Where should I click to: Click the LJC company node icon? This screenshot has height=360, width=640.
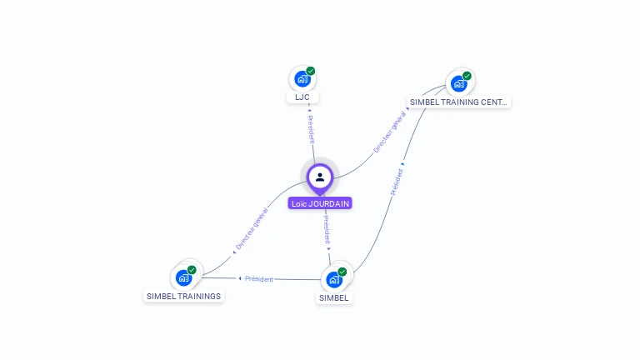[302, 79]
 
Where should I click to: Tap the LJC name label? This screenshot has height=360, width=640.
[302, 97]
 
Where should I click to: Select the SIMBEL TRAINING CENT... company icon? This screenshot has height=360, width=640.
[458, 83]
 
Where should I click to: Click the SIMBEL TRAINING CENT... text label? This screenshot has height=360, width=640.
[457, 102]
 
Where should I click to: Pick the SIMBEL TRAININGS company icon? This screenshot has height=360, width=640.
[183, 277]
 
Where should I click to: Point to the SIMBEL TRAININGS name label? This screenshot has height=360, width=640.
[183, 296]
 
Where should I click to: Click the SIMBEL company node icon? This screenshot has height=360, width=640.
[334, 279]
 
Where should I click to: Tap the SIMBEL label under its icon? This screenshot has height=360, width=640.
[334, 297]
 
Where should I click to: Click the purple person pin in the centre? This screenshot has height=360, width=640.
[320, 177]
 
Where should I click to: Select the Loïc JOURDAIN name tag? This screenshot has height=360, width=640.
[320, 203]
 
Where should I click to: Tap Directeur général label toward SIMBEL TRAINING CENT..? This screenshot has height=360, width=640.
[390, 132]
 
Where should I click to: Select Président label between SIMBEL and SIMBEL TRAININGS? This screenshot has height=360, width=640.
[258, 278]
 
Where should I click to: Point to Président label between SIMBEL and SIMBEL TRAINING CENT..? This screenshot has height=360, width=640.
[397, 181]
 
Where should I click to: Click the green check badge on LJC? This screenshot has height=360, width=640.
[311, 71]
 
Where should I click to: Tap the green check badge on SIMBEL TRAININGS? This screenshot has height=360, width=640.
[192, 269]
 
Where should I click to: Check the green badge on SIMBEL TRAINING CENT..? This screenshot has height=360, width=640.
[467, 76]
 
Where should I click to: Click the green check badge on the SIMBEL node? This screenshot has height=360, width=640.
[342, 272]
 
